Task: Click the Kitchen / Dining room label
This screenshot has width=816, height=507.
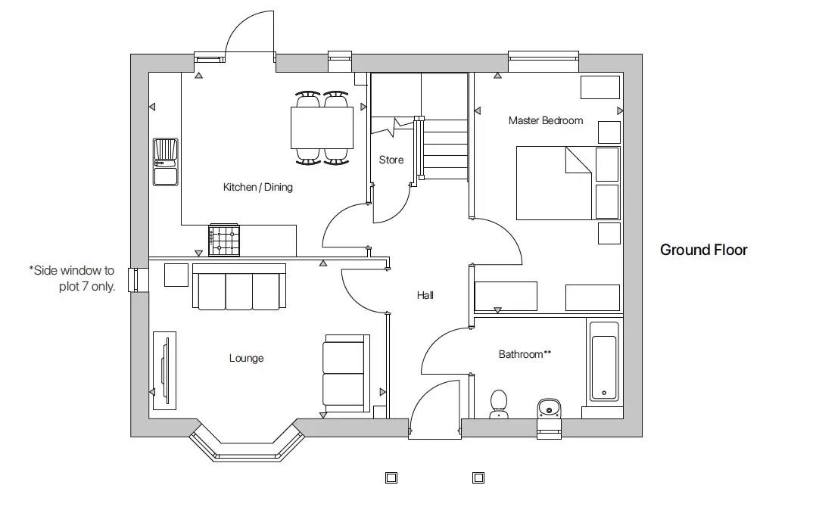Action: coord(257,187)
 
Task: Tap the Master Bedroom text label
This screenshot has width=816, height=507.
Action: coord(545,120)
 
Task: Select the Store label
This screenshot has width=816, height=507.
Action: coord(391,160)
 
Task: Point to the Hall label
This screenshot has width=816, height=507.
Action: coord(425,295)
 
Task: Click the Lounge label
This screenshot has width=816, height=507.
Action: coord(246,358)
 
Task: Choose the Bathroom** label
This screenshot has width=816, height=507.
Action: coord(524,354)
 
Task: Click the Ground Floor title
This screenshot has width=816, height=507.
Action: coord(703,250)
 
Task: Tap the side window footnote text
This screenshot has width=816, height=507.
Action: coord(72,278)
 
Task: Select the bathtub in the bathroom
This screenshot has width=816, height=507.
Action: coord(604,362)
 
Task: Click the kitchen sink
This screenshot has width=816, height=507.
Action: coord(165,161)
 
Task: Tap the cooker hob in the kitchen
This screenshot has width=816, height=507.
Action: coord(224,241)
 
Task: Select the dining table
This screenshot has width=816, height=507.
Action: coord(322,127)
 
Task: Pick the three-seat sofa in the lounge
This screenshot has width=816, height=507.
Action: coord(239,288)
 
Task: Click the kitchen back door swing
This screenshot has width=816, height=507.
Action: coord(250,34)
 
